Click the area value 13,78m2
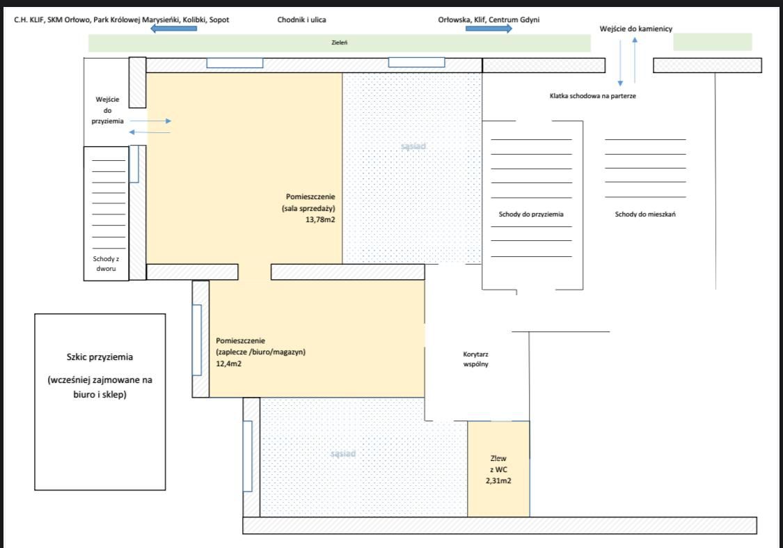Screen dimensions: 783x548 pyautogui.click(x=320, y=219)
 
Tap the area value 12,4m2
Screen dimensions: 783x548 pyautogui.click(x=229, y=363)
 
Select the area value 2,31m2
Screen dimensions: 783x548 pyautogui.click(x=498, y=480)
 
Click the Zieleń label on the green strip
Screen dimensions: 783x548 pyautogui.click(x=340, y=42)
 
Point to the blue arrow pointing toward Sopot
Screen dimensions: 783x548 pyautogui.click(x=174, y=29)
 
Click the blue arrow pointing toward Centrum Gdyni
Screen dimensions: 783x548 pyautogui.click(x=489, y=29)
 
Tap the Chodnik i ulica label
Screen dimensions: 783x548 pyautogui.click(x=301, y=20)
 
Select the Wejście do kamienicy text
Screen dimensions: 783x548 pyautogui.click(x=635, y=29)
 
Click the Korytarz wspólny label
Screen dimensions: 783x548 pyautogui.click(x=475, y=359)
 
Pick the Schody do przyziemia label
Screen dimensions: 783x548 pyautogui.click(x=531, y=214)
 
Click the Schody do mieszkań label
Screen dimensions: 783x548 pyautogui.click(x=645, y=214)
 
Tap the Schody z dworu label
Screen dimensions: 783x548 pyautogui.click(x=106, y=263)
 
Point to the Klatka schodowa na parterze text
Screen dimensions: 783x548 pyautogui.click(x=593, y=96)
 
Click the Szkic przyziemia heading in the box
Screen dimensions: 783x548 pyautogui.click(x=100, y=357)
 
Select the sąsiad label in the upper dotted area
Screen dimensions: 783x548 pyautogui.click(x=413, y=146)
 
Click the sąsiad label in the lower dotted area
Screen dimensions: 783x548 pyautogui.click(x=343, y=453)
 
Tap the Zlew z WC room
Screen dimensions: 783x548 pyautogui.click(x=498, y=469)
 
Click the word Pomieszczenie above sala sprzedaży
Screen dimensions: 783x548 pyautogui.click(x=310, y=197)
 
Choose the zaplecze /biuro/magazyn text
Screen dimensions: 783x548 pyautogui.click(x=261, y=352)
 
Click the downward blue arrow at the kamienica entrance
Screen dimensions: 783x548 pyautogui.click(x=620, y=63)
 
